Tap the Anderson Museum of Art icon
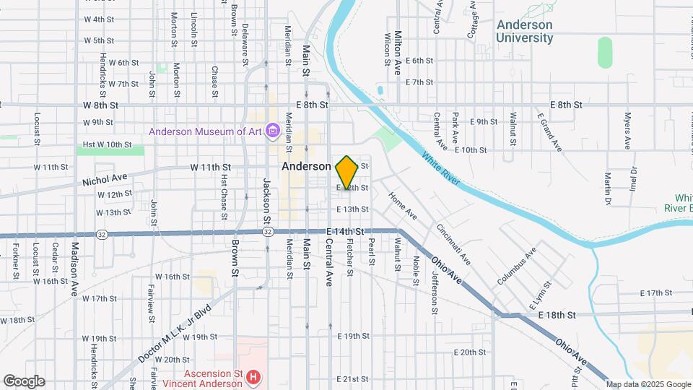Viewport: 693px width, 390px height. pos(273,131)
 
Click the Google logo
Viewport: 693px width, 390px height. pos(23,381)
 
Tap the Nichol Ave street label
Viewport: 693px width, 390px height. pos(104,179)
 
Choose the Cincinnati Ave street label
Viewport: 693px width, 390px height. pos(453,243)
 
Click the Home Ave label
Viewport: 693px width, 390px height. pos(403,206)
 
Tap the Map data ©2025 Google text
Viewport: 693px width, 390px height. pos(648,384)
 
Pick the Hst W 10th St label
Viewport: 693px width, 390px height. pos(107,144)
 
